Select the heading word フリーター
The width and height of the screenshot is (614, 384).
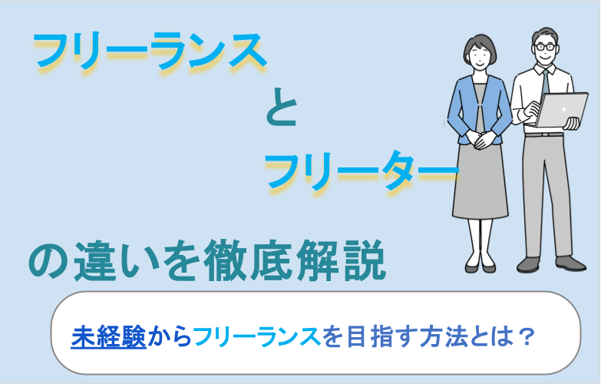[x=361, y=170]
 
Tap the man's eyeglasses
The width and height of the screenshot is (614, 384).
[x=546, y=46]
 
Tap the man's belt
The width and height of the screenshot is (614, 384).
[x=546, y=135]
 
